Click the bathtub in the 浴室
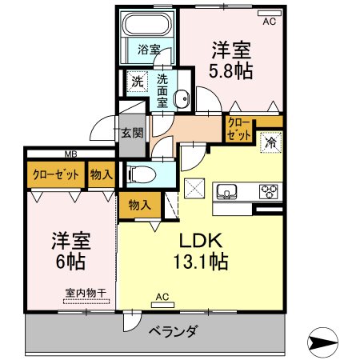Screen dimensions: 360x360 coord(147,23)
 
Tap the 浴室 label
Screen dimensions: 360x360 coord(149,50)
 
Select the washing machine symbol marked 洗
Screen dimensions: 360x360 coord(138,82)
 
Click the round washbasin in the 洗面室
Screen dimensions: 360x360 coord(182,99)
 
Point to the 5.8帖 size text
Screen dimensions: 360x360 coord(230,71)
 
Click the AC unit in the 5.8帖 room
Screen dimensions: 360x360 coord(270,13)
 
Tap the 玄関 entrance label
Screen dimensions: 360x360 coord(133,133)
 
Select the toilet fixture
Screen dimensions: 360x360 coord(142,174)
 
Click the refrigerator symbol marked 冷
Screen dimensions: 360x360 coord(271,142)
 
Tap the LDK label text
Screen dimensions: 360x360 coord(201,241)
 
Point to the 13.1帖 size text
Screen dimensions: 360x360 coord(201,262)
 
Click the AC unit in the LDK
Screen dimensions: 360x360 coord(162,305)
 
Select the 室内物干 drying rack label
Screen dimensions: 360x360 coord(86,293)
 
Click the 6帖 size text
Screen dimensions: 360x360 coord(70,262)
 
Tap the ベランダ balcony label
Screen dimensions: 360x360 coord(174,331)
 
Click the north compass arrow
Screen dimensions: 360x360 coord(322,342)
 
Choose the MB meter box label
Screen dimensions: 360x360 coord(71,154)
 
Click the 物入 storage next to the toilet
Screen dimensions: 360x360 coord(140,205)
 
